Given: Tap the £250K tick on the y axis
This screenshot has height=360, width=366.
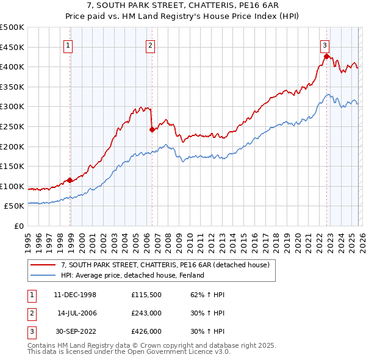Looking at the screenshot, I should tap(12, 126).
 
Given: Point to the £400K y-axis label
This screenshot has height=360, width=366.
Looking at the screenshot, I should tap(12, 67).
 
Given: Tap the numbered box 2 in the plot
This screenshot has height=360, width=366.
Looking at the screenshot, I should tap(150, 45).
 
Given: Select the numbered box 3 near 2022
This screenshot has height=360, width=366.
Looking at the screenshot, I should tap(325, 45).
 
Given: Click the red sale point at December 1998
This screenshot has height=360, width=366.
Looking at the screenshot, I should tap(70, 180).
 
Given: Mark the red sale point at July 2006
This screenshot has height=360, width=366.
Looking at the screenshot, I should tap(151, 129).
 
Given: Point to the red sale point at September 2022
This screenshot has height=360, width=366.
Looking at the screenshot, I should tap(326, 57).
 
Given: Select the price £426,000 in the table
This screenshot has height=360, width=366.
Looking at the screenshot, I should tap(146, 331).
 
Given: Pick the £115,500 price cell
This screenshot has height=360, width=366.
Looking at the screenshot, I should tap(146, 295).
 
